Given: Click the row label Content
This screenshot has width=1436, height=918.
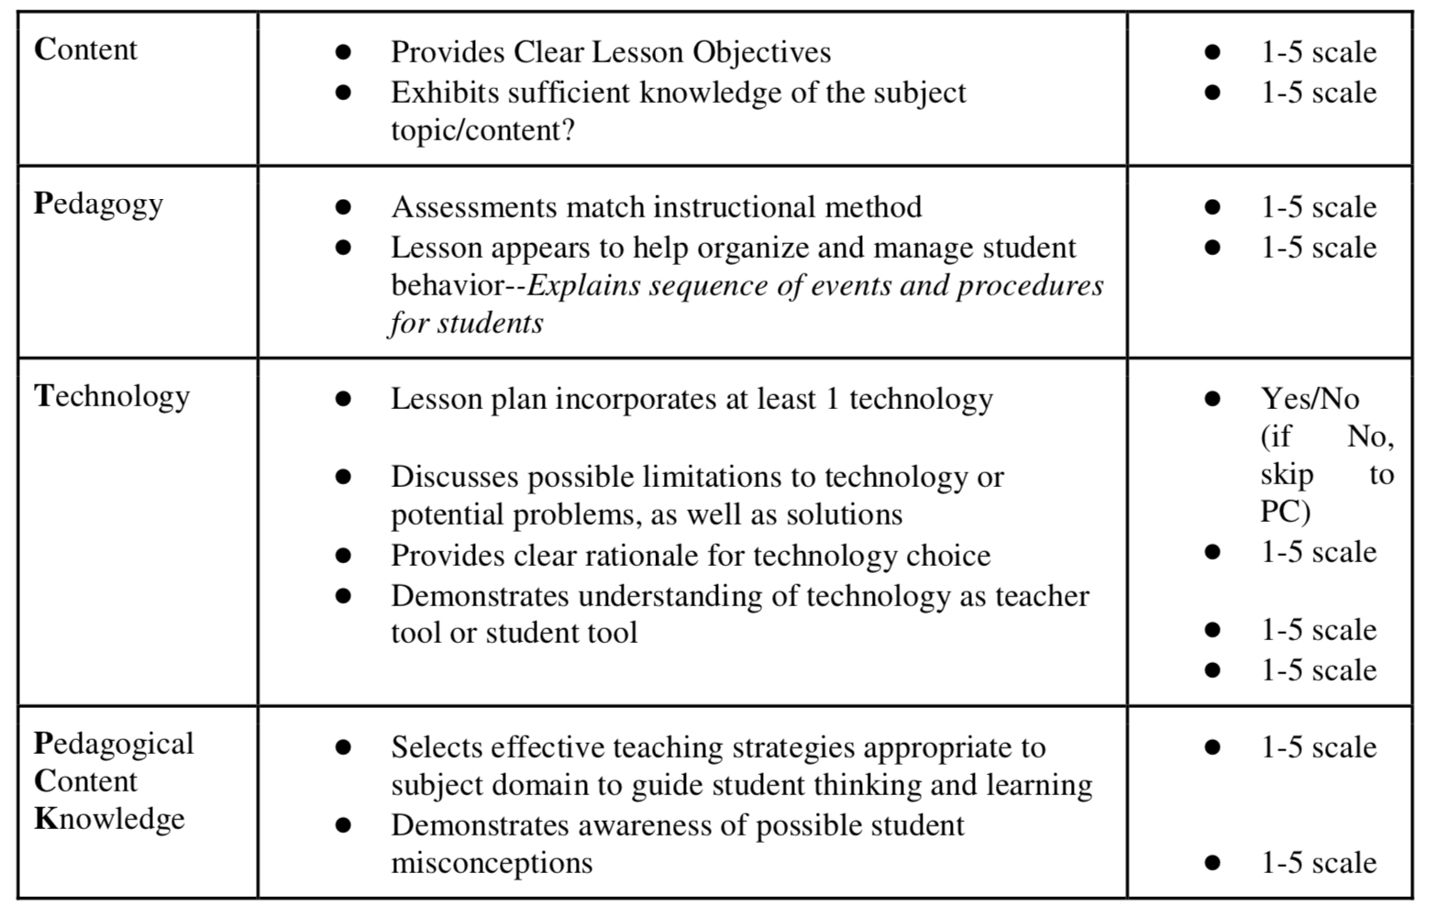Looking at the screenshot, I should click(x=85, y=50).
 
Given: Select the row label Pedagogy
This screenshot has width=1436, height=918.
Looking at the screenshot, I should click(x=98, y=204).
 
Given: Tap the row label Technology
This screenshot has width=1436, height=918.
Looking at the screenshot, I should click(x=112, y=396).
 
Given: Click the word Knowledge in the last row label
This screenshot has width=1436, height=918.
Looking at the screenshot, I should click(x=109, y=818).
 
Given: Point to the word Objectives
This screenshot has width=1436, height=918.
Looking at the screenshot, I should click(x=761, y=52).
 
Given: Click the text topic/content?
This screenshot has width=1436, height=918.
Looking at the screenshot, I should click(x=482, y=130).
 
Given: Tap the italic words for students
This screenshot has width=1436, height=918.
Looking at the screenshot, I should click(x=466, y=323).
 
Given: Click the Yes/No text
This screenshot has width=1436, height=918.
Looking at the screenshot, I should click(x=1309, y=399).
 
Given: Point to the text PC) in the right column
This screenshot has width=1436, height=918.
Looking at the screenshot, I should click(x=1285, y=512).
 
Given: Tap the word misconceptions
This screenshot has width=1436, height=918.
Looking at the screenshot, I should click(x=492, y=863).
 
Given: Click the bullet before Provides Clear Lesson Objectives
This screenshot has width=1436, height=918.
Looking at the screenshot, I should click(x=343, y=52).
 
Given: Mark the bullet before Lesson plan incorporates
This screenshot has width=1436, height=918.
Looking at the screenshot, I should click(x=343, y=399).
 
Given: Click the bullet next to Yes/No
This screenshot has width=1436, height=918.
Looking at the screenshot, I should click(x=1212, y=399).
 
